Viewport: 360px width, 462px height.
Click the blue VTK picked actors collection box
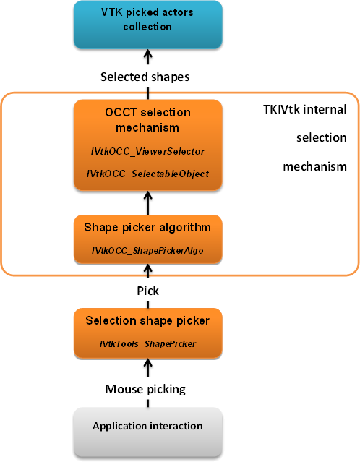click(x=147, y=25)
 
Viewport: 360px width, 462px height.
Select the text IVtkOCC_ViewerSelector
click(x=147, y=151)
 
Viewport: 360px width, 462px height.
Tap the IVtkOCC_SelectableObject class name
click(x=147, y=174)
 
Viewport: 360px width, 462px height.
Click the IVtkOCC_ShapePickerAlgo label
click(x=147, y=251)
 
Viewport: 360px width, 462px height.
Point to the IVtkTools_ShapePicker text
click(x=147, y=344)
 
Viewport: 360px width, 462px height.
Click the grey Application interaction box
click(x=147, y=432)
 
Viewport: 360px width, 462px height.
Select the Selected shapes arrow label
click(x=145, y=77)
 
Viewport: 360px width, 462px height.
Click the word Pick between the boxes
click(x=148, y=291)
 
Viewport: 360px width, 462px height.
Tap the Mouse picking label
click(x=145, y=390)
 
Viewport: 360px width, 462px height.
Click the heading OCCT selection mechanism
click(x=147, y=120)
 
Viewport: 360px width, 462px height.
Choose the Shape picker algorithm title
click(x=147, y=228)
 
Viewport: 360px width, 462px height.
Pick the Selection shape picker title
click(x=147, y=321)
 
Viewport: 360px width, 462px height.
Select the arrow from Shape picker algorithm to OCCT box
click(x=148, y=203)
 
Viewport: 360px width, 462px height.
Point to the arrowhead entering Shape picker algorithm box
click(x=148, y=268)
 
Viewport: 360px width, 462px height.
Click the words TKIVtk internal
click(x=304, y=110)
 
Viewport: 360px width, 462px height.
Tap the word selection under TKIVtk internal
click(x=322, y=138)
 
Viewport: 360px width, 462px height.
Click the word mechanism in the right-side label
click(x=314, y=167)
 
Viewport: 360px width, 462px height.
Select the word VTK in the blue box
click(x=111, y=12)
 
